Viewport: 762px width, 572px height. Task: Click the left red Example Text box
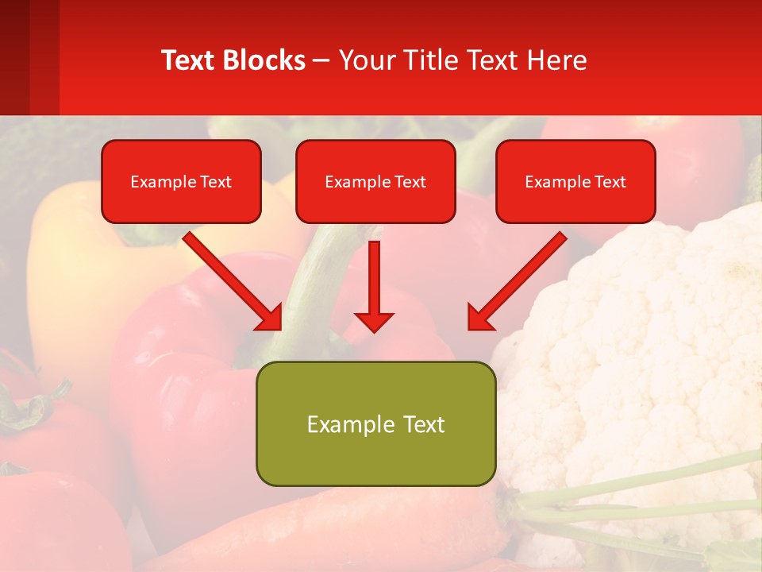pyautogui.click(x=181, y=181)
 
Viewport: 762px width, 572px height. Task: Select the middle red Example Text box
pyautogui.click(x=375, y=181)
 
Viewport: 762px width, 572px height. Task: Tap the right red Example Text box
pyautogui.click(x=575, y=181)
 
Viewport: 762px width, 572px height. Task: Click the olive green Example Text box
pyautogui.click(x=375, y=423)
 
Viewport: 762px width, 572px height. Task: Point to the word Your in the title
pyautogui.click(x=366, y=60)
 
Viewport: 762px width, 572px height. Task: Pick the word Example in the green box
pyautogui.click(x=340, y=424)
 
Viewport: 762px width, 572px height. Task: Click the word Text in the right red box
pyautogui.click(x=610, y=182)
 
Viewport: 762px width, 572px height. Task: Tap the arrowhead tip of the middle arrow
pyautogui.click(x=374, y=330)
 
